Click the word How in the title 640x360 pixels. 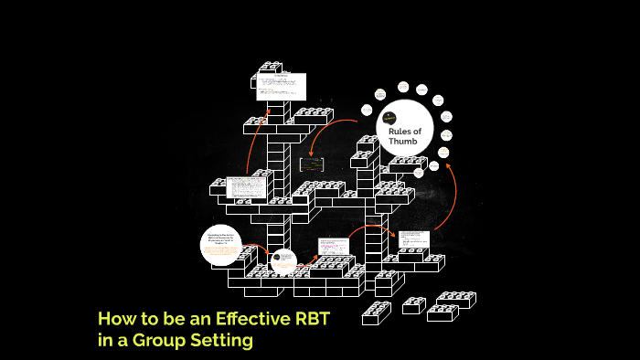click(116, 320)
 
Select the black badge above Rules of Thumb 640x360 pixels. click(390, 118)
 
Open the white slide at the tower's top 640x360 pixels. click(282, 87)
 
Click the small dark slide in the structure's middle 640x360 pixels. click(313, 165)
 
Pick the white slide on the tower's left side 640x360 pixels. click(246, 187)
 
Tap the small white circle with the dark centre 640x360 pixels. click(283, 261)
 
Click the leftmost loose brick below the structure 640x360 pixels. click(376, 313)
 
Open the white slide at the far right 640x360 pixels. click(412, 239)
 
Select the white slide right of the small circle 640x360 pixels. click(334, 245)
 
